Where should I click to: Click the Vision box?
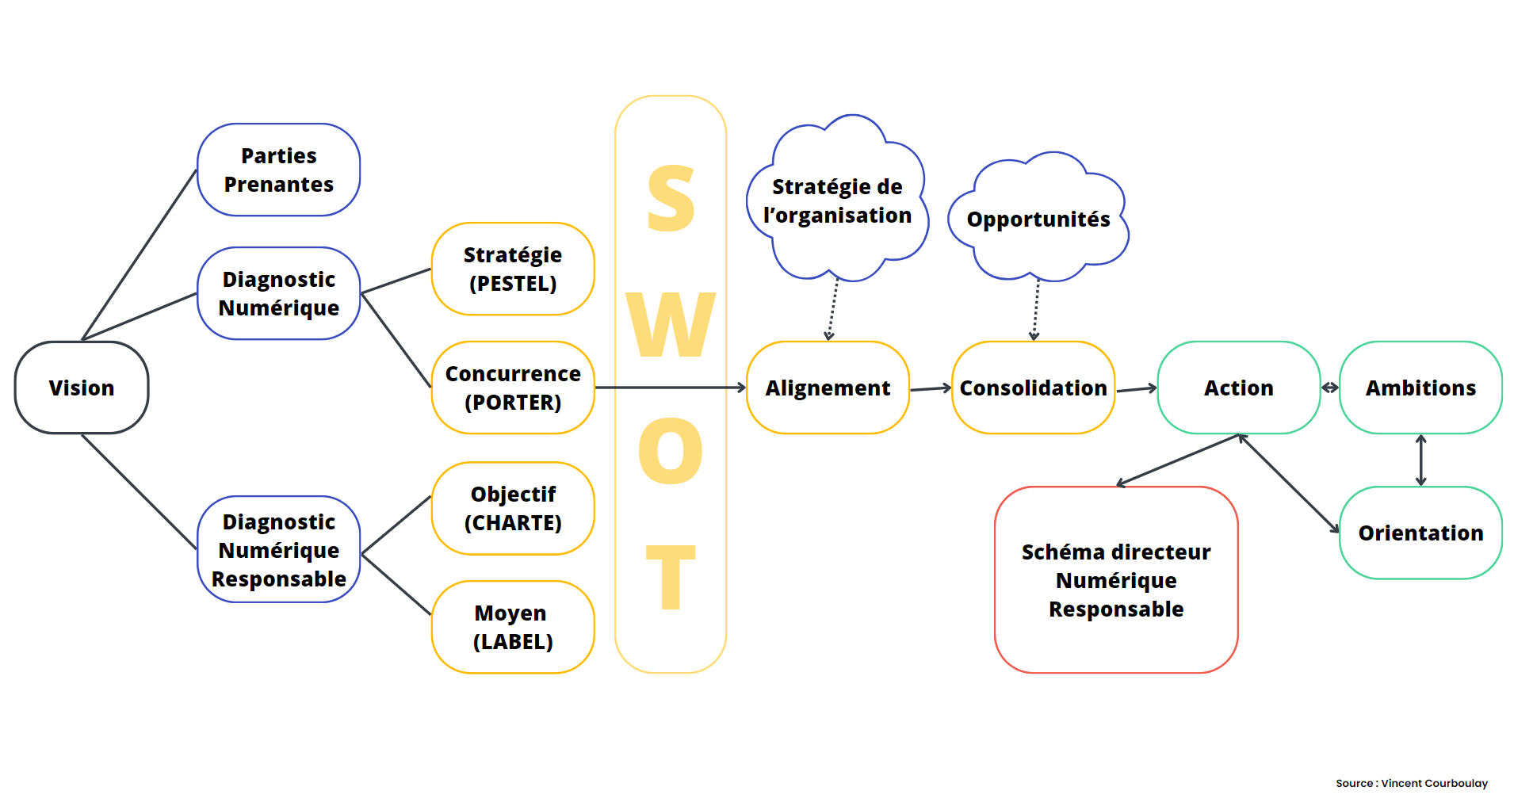click(82, 388)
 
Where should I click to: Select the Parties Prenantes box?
click(278, 170)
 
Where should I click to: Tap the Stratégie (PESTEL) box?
click(513, 269)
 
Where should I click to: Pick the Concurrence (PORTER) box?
click(513, 388)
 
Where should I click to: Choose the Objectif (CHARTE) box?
click(513, 508)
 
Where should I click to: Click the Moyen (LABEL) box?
click(513, 627)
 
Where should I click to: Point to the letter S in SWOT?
click(671, 198)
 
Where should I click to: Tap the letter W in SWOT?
click(671, 324)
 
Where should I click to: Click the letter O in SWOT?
click(671, 451)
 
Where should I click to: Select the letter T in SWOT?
click(671, 577)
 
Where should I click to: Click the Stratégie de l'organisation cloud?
click(837, 198)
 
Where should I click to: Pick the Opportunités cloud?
click(1038, 217)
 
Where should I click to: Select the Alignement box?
click(828, 388)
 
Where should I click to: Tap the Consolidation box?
click(1033, 388)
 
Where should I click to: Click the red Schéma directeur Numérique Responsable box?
click(1116, 579)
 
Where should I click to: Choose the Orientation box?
click(1420, 533)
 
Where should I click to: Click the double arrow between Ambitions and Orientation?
click(1420, 460)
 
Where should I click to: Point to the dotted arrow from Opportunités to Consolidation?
click(1035, 310)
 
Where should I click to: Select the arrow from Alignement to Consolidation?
click(931, 388)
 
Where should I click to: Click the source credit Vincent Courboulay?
click(1412, 783)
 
